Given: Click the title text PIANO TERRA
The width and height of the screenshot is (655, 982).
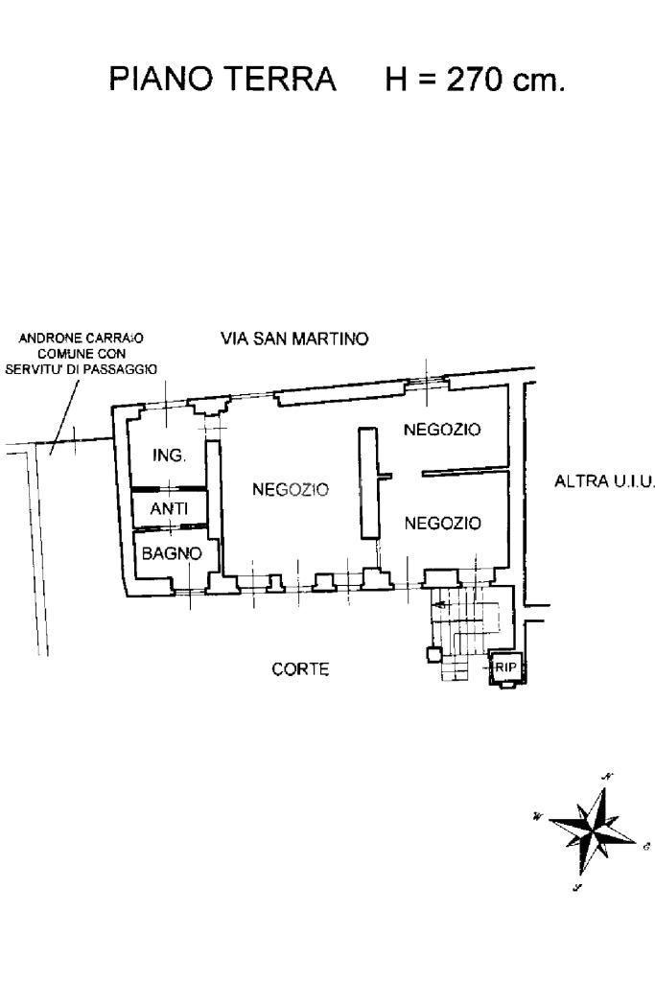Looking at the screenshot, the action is tap(222, 80).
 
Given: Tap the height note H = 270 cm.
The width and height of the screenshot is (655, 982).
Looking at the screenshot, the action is tap(475, 80).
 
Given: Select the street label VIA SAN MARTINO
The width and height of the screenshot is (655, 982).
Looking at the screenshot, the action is tap(294, 339).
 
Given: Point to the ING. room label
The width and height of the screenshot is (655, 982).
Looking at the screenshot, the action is tap(169, 456).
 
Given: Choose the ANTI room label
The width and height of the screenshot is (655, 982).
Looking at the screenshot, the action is tap(169, 509).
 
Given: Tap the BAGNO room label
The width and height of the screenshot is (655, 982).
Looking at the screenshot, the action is tap(172, 553).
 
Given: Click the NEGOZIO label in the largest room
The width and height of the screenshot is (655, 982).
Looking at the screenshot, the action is tap(290, 490).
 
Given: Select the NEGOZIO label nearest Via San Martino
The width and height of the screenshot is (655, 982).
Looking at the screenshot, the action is tap(442, 431).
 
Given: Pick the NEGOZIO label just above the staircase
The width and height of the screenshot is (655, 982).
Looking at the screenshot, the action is tap(442, 524).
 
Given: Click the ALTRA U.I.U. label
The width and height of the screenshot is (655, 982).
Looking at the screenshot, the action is tap(604, 483).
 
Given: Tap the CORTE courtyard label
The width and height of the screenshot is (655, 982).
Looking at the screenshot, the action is tap(300, 670).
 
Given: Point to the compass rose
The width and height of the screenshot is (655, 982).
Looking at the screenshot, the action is tap(587, 827).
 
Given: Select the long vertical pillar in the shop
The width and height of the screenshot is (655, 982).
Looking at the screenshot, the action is tap(366, 483).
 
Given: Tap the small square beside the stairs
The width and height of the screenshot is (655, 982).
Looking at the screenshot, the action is tap(433, 655).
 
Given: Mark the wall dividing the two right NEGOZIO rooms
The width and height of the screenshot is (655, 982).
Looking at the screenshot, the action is tap(464, 472).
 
